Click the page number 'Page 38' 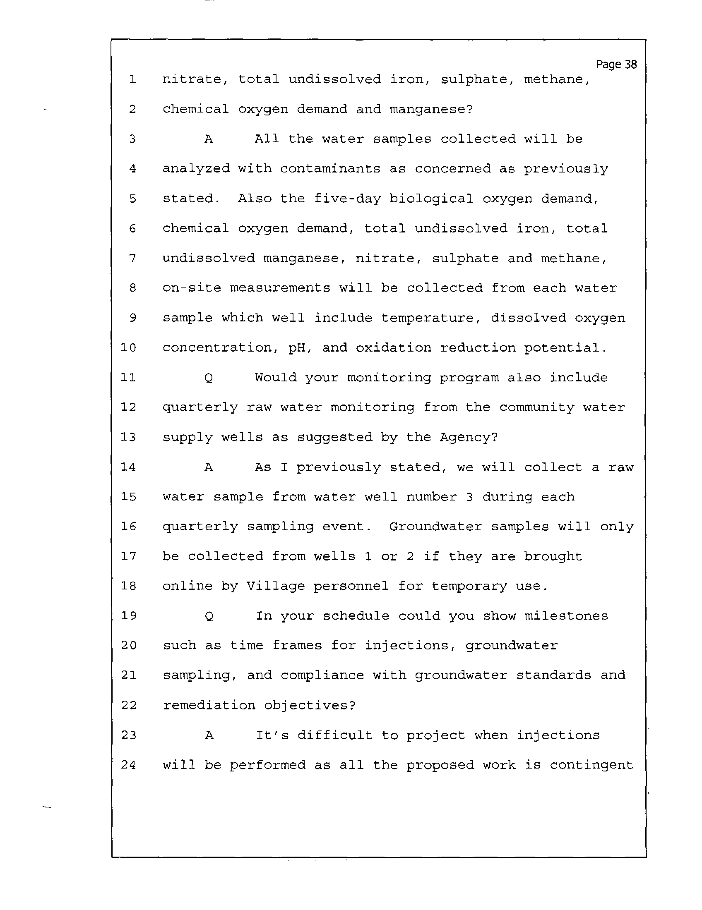tap(616, 65)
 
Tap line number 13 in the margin tap(128, 437)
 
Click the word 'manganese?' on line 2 tap(431, 109)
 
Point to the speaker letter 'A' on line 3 tap(209, 139)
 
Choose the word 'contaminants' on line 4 tap(330, 169)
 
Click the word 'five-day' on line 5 tap(347, 199)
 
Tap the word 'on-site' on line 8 tap(192, 288)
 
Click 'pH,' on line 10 tap(300, 348)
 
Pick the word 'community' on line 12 tap(536, 407)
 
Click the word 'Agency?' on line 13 tap(469, 437)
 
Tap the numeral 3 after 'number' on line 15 tap(469, 497)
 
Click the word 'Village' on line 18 tap(276, 586)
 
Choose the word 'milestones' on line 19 tap(566, 616)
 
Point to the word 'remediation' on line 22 tap(209, 705)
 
